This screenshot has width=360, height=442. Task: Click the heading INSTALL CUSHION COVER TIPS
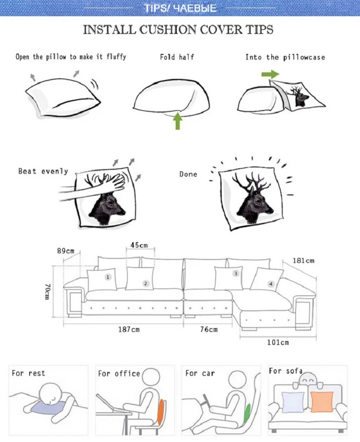point(178,30)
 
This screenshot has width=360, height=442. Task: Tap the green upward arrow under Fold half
point(177,121)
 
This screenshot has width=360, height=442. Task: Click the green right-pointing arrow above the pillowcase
point(270,74)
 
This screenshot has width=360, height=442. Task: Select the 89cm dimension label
point(66,251)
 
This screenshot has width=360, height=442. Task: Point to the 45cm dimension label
point(139,246)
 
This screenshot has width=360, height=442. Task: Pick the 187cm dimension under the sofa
point(129,330)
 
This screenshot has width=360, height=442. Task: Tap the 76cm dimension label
point(208,330)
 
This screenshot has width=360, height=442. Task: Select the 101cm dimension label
point(278,343)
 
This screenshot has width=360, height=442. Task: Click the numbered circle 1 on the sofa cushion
point(108,277)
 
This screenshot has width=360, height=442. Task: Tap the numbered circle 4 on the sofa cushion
point(270,284)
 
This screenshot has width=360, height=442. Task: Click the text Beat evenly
point(43,171)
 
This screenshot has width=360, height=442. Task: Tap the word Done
point(188,174)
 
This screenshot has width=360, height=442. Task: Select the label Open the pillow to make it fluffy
point(71,57)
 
